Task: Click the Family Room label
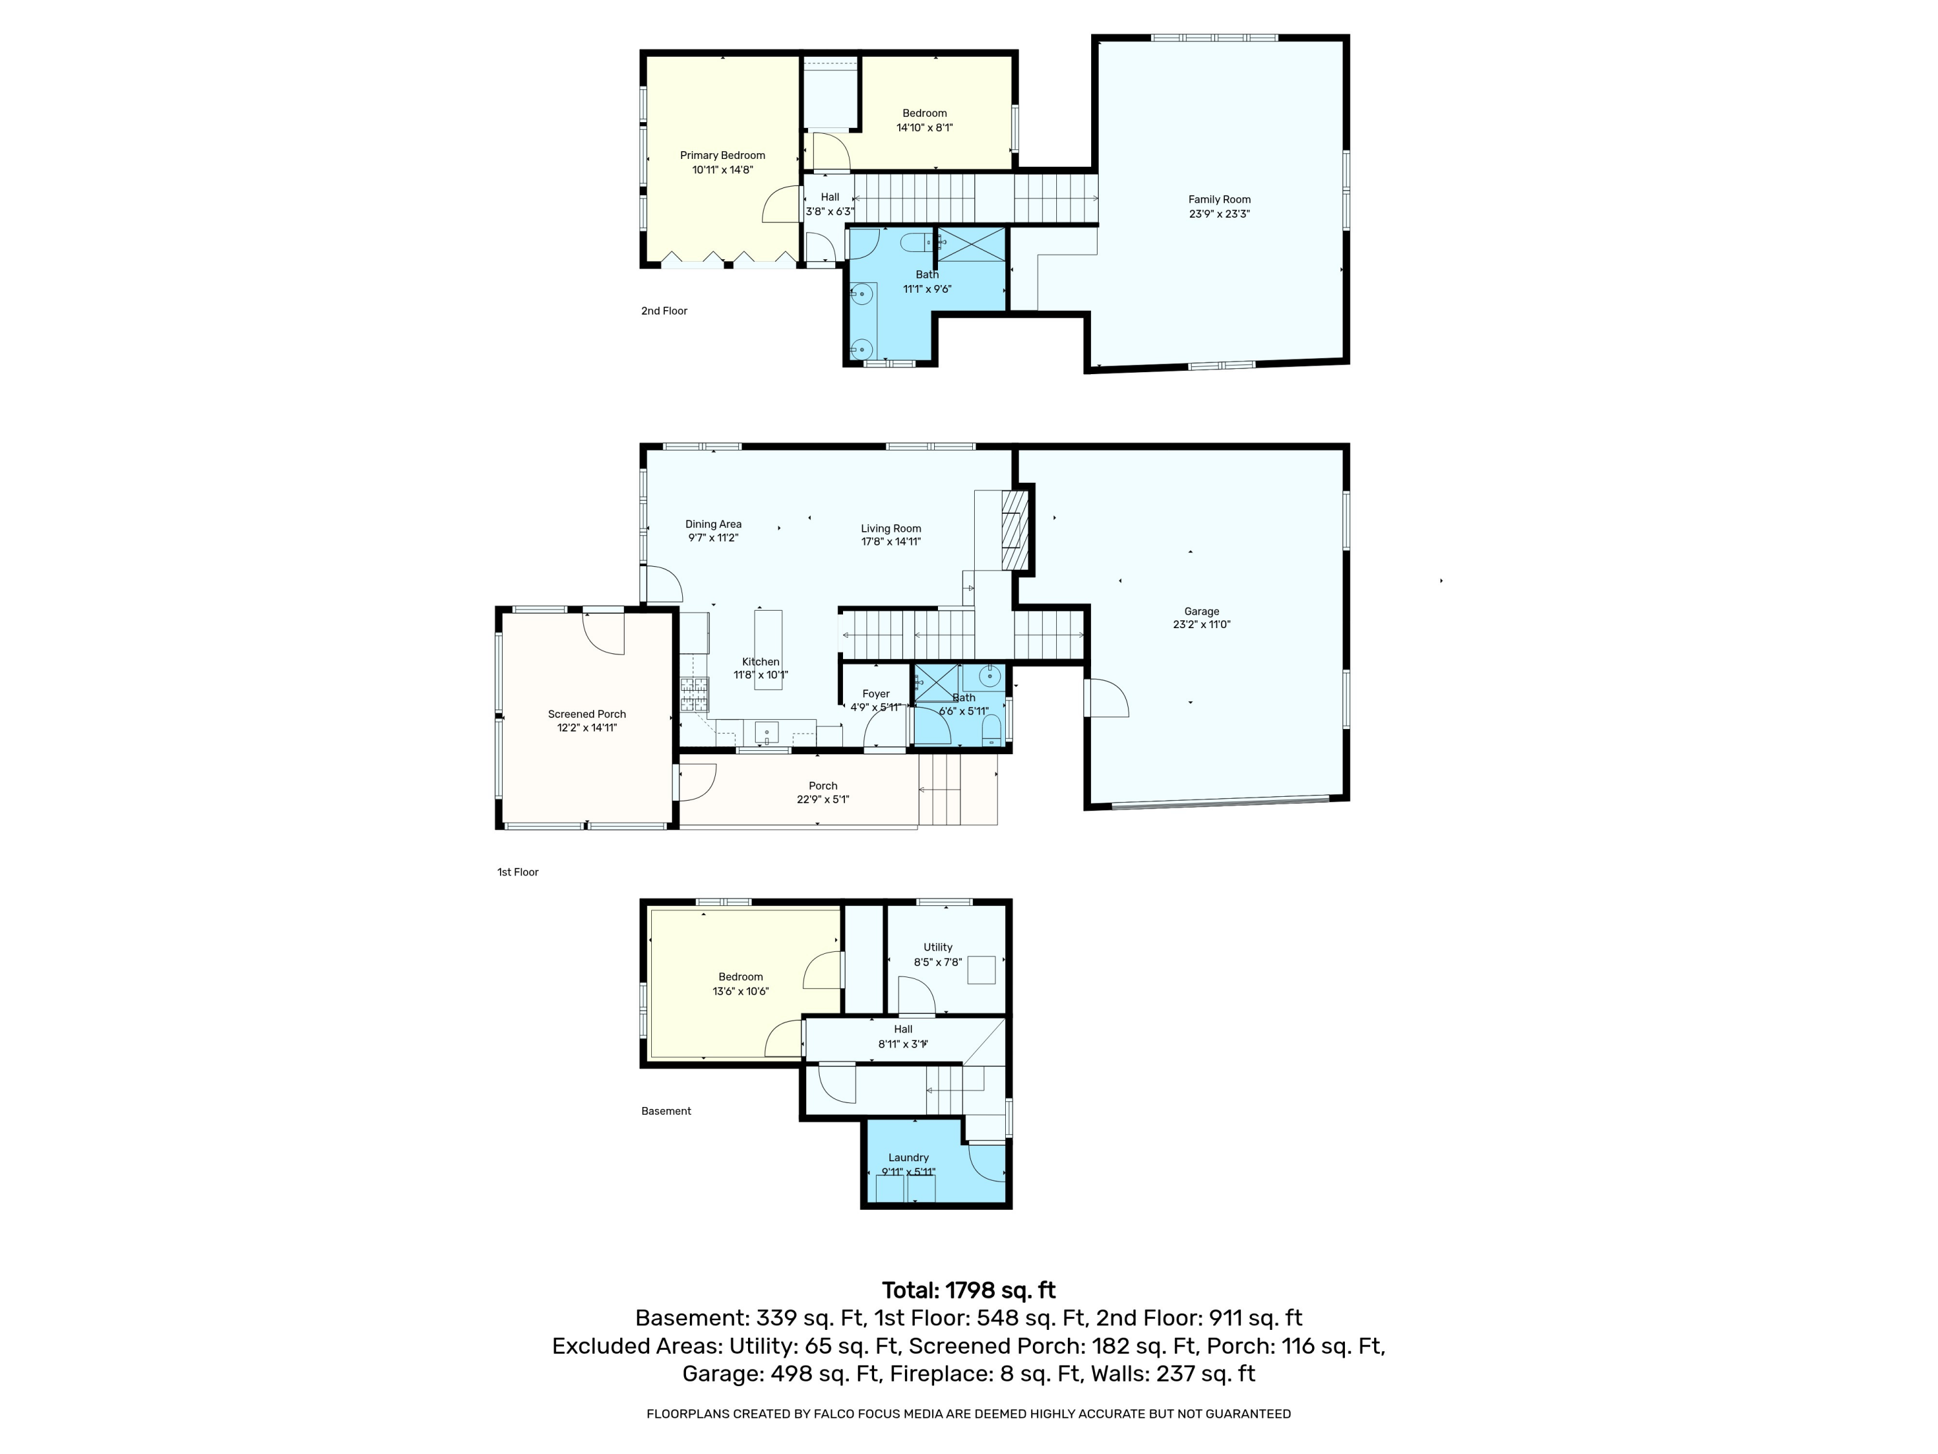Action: coord(1219,200)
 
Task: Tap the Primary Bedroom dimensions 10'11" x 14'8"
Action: coord(723,170)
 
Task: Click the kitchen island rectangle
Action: coord(768,649)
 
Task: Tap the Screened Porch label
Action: coord(587,714)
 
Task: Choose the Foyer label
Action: coord(876,694)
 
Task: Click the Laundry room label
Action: coord(908,1158)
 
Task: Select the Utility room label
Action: coord(937,947)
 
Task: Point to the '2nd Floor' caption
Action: coord(664,311)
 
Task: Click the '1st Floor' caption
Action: coord(518,872)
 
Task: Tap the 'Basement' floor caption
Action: coord(666,1112)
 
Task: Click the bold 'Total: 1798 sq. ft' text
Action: coord(968,1290)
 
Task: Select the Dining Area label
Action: coord(713,524)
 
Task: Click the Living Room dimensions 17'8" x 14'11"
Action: coord(891,542)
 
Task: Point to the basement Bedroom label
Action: coord(740,977)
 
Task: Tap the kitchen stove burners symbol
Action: coord(694,694)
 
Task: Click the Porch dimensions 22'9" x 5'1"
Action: coord(823,799)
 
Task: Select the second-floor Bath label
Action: coord(927,275)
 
